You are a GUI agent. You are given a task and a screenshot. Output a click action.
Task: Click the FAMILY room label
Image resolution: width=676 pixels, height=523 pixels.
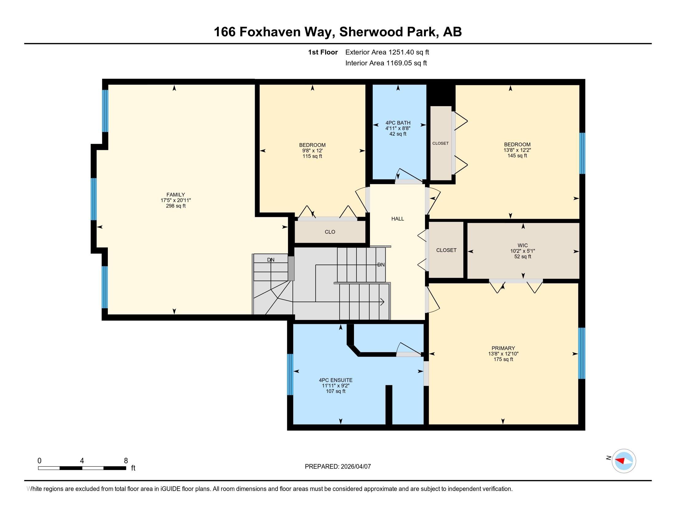pyautogui.click(x=175, y=194)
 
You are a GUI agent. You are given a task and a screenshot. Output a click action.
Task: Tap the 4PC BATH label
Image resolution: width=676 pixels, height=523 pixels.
pyautogui.click(x=398, y=123)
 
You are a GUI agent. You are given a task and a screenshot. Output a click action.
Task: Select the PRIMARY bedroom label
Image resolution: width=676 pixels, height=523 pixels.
pyautogui.click(x=503, y=348)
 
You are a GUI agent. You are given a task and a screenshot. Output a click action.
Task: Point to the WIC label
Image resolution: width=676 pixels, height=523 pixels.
pyautogui.click(x=522, y=246)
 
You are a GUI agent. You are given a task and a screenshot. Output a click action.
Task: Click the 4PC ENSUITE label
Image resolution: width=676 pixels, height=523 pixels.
pyautogui.click(x=336, y=380)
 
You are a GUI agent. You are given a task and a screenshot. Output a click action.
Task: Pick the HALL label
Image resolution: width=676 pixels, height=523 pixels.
pyautogui.click(x=397, y=219)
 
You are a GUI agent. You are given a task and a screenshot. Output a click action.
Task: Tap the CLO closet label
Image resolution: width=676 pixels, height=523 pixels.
pyautogui.click(x=330, y=232)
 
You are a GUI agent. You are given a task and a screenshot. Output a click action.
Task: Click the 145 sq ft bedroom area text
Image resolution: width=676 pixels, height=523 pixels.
pyautogui.click(x=517, y=156)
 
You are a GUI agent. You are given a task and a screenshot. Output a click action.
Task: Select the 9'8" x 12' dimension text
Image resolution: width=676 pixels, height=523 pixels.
pyautogui.click(x=312, y=150)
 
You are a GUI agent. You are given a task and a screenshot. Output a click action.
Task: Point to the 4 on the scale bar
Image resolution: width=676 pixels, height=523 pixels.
pyautogui.click(x=82, y=461)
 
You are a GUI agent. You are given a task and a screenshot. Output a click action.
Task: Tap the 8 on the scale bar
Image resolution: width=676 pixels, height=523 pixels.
pyautogui.click(x=126, y=461)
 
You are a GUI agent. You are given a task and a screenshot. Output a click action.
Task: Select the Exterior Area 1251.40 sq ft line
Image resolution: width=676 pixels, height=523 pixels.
pyautogui.click(x=387, y=52)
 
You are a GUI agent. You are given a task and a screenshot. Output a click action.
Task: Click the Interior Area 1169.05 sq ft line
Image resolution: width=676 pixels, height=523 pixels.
pyautogui.click(x=386, y=63)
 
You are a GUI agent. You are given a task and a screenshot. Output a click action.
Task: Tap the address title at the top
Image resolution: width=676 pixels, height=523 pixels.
pyautogui.click(x=338, y=32)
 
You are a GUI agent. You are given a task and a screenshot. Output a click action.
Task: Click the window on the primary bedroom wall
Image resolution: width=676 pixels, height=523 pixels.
pyautogui.click(x=582, y=353)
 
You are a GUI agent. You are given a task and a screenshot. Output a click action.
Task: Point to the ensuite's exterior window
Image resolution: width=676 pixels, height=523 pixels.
pyautogui.click(x=290, y=374)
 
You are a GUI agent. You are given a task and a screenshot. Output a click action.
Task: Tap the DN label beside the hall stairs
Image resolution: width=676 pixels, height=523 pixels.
pyautogui.click(x=381, y=265)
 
